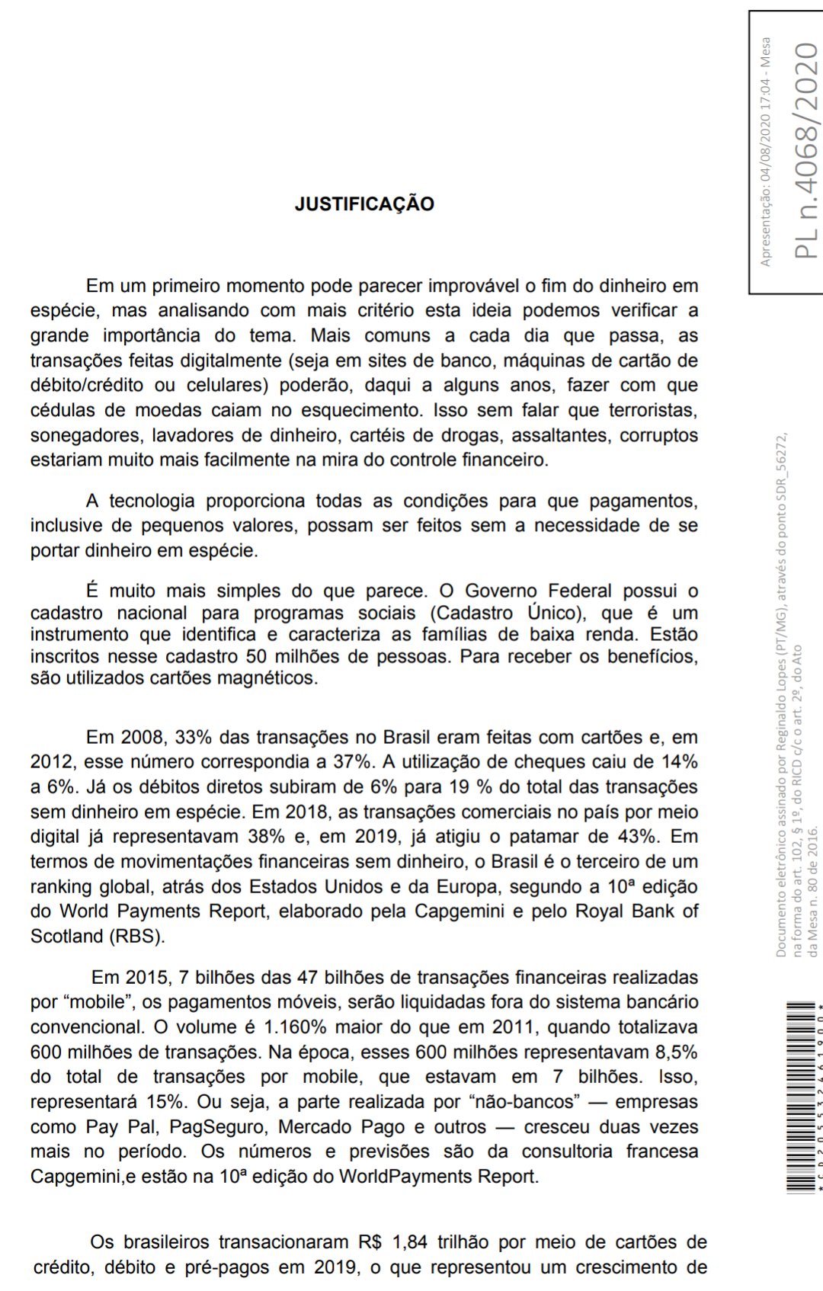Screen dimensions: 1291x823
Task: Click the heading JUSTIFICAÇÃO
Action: pyautogui.click(x=364, y=203)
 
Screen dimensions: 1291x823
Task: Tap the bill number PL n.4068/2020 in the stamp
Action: pyautogui.click(x=806, y=151)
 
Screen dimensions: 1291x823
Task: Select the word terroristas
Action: pyautogui.click(x=653, y=410)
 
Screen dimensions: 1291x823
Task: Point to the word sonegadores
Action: pyautogui.click(x=85, y=435)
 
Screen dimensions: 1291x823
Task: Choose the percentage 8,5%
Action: pyautogui.click(x=676, y=1052)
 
